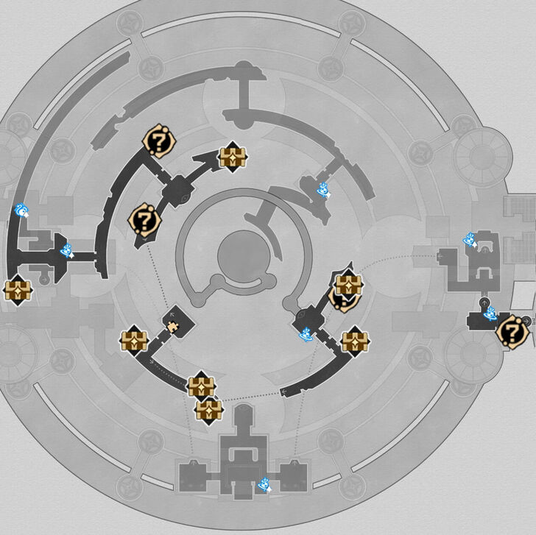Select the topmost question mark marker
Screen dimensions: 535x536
pyautogui.click(x=157, y=141)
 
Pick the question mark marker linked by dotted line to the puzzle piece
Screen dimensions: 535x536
pyautogui.click(x=144, y=219)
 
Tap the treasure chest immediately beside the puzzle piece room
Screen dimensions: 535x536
pyautogui.click(x=134, y=341)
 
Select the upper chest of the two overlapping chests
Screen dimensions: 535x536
pyautogui.click(x=200, y=386)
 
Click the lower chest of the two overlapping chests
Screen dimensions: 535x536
pyautogui.click(x=209, y=408)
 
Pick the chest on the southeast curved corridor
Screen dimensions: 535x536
pyautogui.click(x=355, y=341)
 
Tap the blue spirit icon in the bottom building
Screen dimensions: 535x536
pyautogui.click(x=265, y=484)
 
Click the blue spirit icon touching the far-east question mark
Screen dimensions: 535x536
pyautogui.click(x=490, y=314)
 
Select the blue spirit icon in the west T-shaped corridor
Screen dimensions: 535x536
pyautogui.click(x=68, y=251)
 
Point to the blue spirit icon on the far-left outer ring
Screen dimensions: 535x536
pyautogui.click(x=23, y=212)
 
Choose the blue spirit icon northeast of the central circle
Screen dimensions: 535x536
pyautogui.click(x=322, y=191)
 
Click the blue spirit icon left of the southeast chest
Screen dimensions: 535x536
pyautogui.click(x=306, y=334)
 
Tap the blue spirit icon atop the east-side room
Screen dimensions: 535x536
pyautogui.click(x=470, y=240)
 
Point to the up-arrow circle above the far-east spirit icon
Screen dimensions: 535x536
pyautogui.click(x=484, y=302)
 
